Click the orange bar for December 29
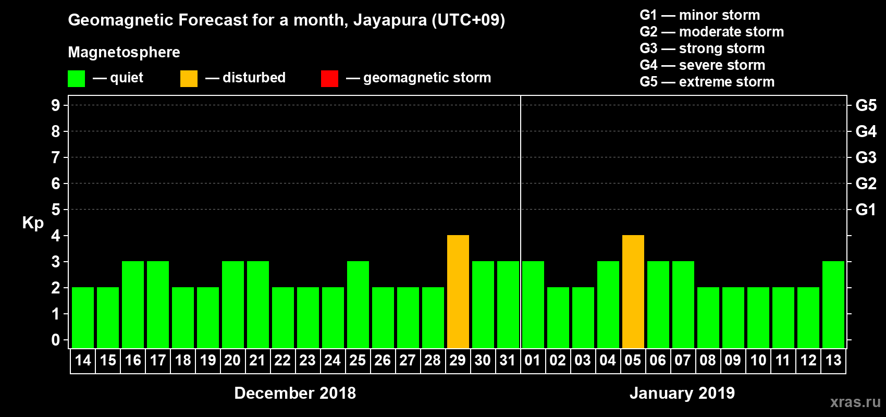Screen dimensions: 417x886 click(458, 291)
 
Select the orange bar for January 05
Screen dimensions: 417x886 click(633, 291)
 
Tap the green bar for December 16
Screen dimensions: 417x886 click(133, 304)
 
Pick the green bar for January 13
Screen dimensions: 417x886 click(833, 304)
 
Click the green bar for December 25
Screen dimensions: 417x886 click(358, 304)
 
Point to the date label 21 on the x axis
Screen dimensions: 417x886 click(257, 360)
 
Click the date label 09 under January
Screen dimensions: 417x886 click(733, 360)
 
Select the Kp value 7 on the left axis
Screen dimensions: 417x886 click(56, 157)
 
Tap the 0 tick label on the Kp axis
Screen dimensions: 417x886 click(56, 340)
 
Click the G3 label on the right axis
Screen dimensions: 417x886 click(866, 157)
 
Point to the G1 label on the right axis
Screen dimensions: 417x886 click(866, 210)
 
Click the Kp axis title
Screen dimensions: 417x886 click(33, 223)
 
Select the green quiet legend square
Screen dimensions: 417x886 click(76, 79)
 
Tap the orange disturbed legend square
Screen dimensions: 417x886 click(189, 79)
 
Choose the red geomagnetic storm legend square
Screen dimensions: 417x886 click(329, 79)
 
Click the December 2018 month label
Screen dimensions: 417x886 click(295, 393)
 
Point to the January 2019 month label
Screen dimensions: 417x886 click(682, 393)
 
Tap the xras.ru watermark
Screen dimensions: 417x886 click(855, 402)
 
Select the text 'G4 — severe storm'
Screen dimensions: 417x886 click(703, 65)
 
